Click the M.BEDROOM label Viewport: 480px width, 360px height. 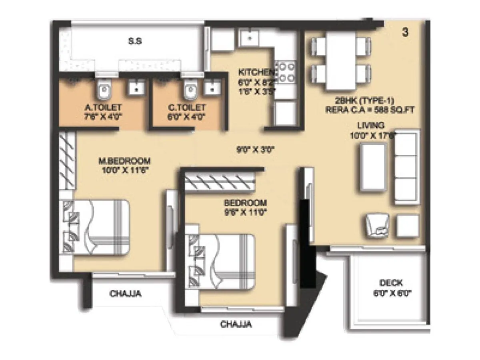point(124,161)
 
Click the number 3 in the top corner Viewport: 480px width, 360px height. point(405,33)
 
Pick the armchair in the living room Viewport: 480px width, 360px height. point(377,224)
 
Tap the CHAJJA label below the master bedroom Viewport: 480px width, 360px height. point(125,294)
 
